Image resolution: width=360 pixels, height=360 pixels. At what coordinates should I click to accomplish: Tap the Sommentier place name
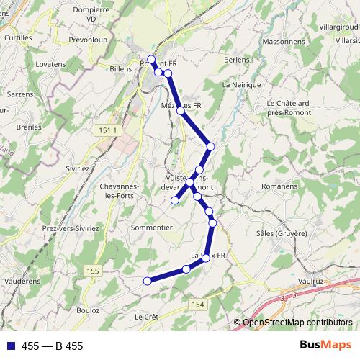point(151,227)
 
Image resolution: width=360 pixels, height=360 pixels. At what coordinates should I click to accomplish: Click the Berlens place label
point(236,60)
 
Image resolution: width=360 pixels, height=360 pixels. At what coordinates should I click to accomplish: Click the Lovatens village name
point(50,64)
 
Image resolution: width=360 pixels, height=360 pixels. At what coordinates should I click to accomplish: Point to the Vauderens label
point(21,280)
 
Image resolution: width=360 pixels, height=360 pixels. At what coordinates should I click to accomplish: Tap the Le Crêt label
point(146,316)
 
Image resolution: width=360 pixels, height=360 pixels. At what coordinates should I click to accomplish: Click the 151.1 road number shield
point(104,129)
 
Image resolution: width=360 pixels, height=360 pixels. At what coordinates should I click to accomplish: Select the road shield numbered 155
point(91,270)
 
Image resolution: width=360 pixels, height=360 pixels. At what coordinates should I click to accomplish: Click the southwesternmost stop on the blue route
point(148,281)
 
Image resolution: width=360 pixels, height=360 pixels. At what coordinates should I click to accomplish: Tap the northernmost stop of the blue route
point(151,59)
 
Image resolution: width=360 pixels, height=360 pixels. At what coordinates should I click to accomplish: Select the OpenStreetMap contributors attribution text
point(298,323)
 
